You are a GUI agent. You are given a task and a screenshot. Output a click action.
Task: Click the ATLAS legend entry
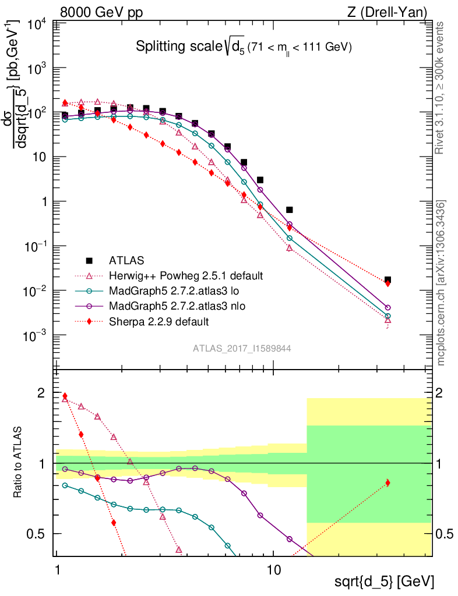(x=126, y=260)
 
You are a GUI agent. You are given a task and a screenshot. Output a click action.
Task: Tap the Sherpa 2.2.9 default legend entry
(x=158, y=321)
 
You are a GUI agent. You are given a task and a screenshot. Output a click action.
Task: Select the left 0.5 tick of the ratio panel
(x=39, y=534)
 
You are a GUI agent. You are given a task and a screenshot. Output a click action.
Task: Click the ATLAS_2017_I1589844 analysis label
(x=242, y=349)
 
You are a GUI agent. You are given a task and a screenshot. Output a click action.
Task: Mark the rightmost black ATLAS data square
(x=387, y=280)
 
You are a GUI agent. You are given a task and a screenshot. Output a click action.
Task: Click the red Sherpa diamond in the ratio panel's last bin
(x=387, y=483)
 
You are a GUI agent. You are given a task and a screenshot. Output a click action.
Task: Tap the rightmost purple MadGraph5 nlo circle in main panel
(x=387, y=307)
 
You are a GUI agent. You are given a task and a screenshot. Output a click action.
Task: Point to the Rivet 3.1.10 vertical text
(x=441, y=87)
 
